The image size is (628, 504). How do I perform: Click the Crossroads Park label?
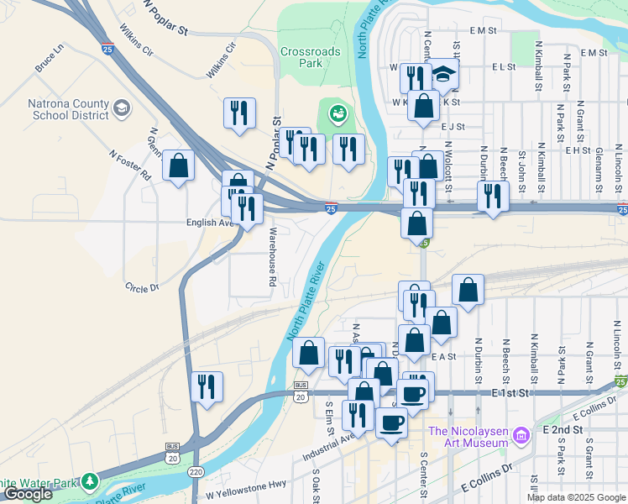pyautogui.click(x=310, y=57)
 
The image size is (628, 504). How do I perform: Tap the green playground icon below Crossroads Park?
pyautogui.click(x=338, y=111)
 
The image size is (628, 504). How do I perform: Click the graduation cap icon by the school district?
pyautogui.click(x=122, y=108)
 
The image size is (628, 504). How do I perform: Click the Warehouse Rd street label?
pyautogui.click(x=272, y=261)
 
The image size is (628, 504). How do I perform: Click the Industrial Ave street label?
pyautogui.click(x=329, y=444)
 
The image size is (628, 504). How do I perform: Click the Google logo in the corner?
pyautogui.click(x=28, y=494)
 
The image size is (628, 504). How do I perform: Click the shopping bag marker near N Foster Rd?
pyautogui.click(x=178, y=165)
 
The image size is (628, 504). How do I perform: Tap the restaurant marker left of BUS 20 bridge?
pyautogui.click(x=206, y=386)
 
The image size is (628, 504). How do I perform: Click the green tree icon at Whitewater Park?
pyautogui.click(x=89, y=482)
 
